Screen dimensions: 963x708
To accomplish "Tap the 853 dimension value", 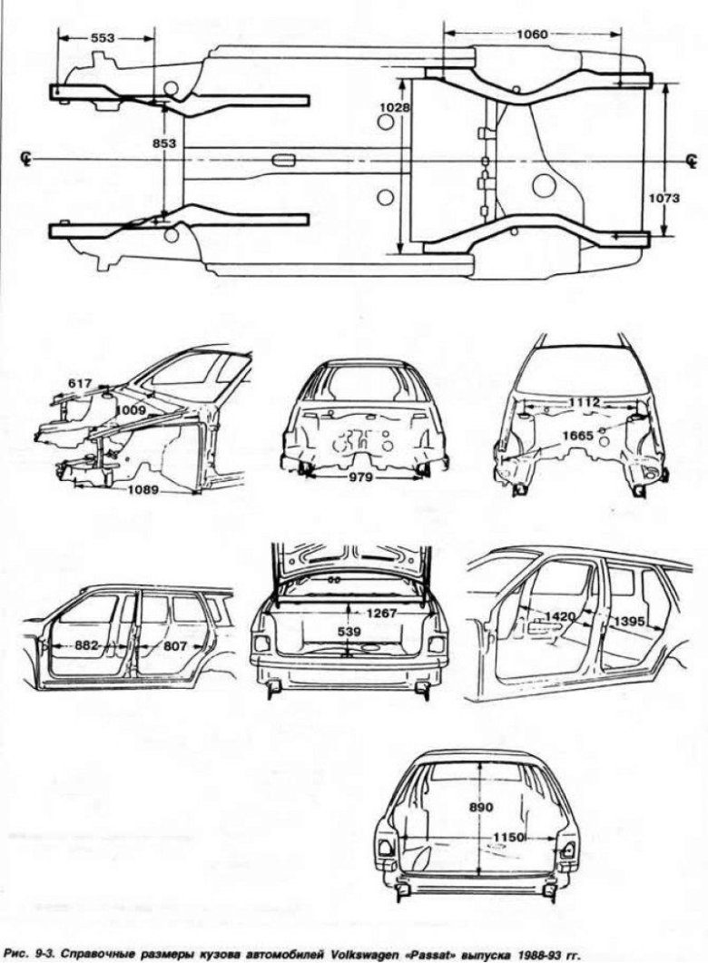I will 165,143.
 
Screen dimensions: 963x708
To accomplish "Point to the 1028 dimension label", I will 396,107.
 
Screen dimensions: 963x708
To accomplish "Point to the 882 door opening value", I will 87,645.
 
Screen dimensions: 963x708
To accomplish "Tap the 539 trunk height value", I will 349,631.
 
